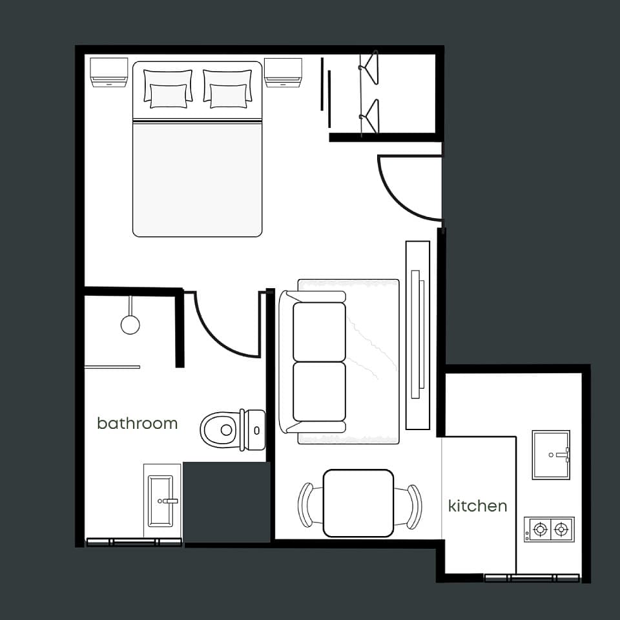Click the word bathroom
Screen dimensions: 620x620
pos(137,423)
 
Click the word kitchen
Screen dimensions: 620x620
pos(478,506)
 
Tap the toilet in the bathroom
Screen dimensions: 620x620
pos(232,430)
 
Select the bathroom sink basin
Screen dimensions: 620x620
pos(161,501)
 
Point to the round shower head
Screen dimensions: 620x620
pos(130,324)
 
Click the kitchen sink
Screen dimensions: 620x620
pos(551,455)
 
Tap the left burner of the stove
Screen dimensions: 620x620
pos(540,529)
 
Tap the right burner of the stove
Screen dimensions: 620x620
pos(561,529)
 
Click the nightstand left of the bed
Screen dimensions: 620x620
pos(108,72)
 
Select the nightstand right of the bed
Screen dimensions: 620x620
pos(283,73)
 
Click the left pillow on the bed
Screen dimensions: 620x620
pos(168,89)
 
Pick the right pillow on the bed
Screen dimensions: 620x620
pos(227,89)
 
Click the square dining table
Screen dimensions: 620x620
pos(358,503)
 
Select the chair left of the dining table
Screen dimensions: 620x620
pos(306,505)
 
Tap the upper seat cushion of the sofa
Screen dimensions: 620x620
pos(319,332)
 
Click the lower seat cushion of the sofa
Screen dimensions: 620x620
pos(319,392)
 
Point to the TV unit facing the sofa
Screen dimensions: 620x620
pos(418,335)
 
